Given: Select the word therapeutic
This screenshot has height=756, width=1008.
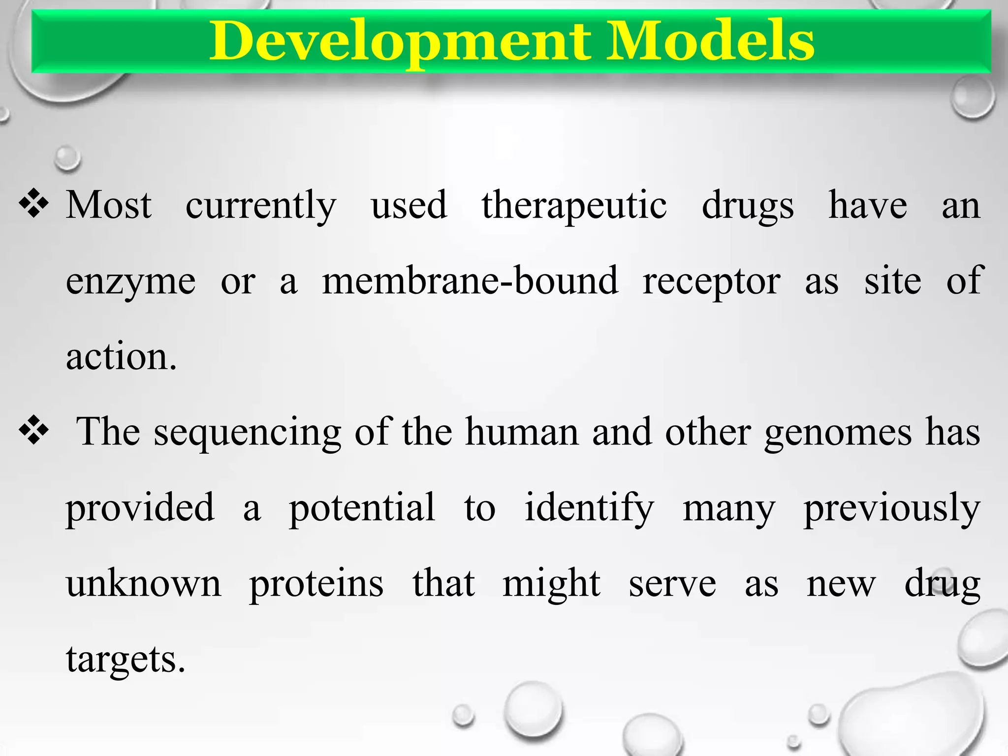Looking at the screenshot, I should pyautogui.click(x=574, y=206).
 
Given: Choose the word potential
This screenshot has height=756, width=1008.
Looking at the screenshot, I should pyautogui.click(x=362, y=509).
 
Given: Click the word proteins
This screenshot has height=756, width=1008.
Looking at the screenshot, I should pyautogui.click(x=316, y=585).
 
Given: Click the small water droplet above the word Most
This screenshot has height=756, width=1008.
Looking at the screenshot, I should pyautogui.click(x=67, y=158).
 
